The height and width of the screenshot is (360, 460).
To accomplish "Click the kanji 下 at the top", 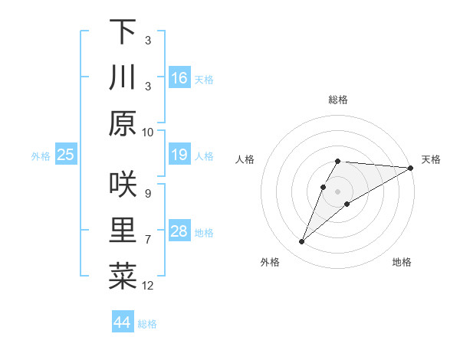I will [x=123, y=32].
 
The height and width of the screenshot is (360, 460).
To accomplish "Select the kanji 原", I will [x=123, y=123].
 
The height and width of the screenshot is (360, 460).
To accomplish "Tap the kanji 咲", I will [x=123, y=185].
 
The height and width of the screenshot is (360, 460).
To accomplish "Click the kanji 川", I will [x=123, y=77].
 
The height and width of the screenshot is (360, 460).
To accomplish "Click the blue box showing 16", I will [x=179, y=78].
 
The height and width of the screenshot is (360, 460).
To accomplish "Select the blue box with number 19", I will [x=179, y=155].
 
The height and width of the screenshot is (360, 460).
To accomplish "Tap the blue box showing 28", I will [x=179, y=232].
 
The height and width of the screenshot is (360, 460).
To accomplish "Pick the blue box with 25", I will [x=66, y=155].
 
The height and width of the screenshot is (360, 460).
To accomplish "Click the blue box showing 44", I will [x=123, y=322].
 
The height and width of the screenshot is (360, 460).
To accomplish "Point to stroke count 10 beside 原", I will [x=148, y=132].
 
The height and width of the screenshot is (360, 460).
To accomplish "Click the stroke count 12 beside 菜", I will [x=148, y=286].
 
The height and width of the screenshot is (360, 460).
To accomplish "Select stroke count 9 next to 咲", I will [x=148, y=193].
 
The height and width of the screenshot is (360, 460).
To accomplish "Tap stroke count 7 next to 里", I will [x=148, y=240].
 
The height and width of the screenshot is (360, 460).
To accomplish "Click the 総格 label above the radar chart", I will [x=337, y=100].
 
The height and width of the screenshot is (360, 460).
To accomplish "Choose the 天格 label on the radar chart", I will [x=431, y=159].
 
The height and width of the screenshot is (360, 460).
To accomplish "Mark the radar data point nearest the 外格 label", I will [x=302, y=242].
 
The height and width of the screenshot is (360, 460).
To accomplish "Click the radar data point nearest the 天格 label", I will [x=411, y=168].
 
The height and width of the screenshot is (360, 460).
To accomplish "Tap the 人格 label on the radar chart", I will [x=245, y=159].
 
